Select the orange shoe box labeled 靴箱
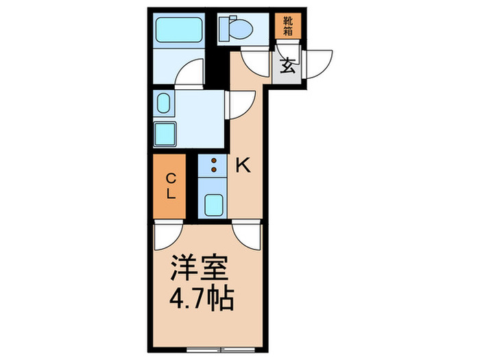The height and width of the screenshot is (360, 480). (x=288, y=25)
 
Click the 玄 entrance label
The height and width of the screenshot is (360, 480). (x=287, y=67)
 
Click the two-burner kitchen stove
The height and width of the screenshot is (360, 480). (x=213, y=165)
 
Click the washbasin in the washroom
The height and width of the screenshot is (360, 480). (x=164, y=104)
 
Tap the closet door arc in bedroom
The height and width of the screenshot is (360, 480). (x=167, y=237)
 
